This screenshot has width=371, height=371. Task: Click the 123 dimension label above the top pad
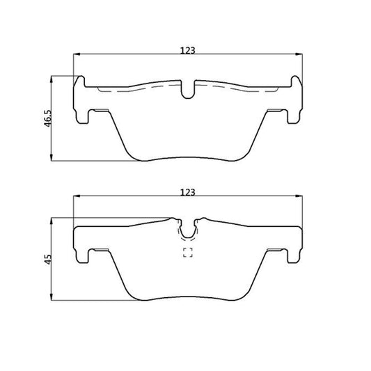pos(188,50)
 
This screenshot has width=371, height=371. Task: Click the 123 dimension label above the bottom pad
pos(188,192)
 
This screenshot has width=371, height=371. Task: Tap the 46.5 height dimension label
pos(48,118)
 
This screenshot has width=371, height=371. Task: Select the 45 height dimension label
pos(48,260)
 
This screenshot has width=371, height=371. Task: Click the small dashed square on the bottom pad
pos(188,253)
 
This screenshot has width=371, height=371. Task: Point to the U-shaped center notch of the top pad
pos(188,93)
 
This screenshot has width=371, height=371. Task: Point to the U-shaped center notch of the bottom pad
pos(188,232)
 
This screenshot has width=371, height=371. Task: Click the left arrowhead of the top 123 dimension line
pos(77,54)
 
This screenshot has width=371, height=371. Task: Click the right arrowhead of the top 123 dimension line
pos(299,54)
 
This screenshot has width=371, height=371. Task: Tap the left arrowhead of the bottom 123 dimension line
pos(77,196)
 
